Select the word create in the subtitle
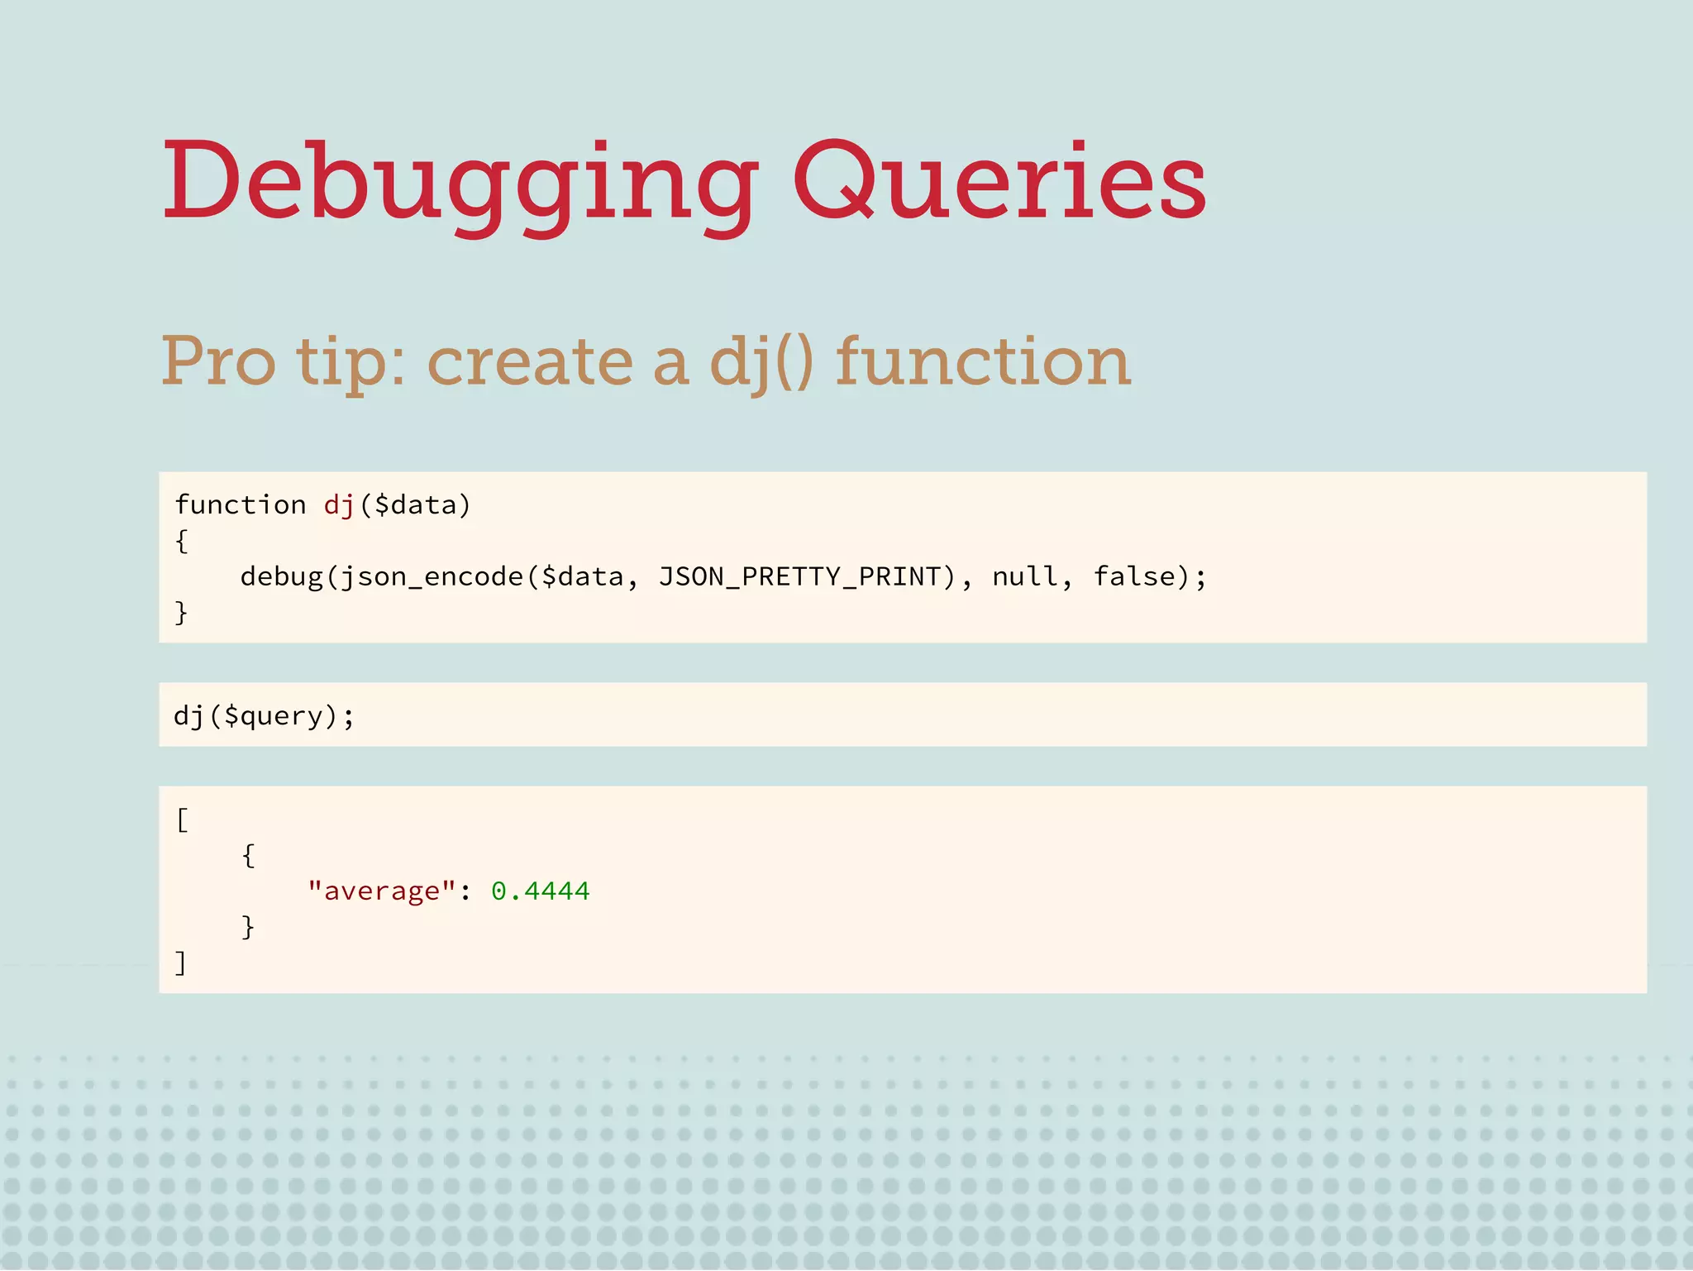(x=530, y=361)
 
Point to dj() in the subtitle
(x=761, y=361)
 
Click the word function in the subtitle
(x=982, y=361)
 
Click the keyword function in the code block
(x=241, y=504)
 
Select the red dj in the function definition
(x=339, y=504)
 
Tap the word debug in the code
(x=281, y=576)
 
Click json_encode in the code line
(x=432, y=576)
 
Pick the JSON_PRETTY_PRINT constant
(x=799, y=576)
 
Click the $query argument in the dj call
(x=273, y=716)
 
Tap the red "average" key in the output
(x=381, y=891)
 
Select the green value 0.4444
(x=541, y=891)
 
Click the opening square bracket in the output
(x=183, y=820)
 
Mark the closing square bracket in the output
(x=181, y=963)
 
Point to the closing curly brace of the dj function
(x=182, y=613)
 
